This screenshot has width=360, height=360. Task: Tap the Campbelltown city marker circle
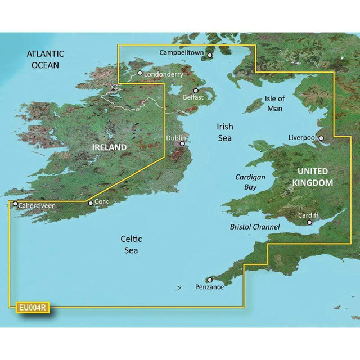coord(210,56)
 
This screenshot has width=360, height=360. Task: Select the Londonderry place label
coord(164,74)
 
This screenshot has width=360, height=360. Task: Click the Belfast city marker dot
coord(196,91)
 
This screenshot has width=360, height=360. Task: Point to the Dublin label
coord(175,138)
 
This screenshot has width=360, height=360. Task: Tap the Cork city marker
coord(91,203)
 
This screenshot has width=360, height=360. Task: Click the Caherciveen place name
coord(37,206)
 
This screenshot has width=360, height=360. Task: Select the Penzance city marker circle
coord(210,279)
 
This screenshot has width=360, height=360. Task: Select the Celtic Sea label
coord(129,245)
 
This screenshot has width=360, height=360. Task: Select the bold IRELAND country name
coord(109,147)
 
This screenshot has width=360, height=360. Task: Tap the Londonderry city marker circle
coord(140,73)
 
